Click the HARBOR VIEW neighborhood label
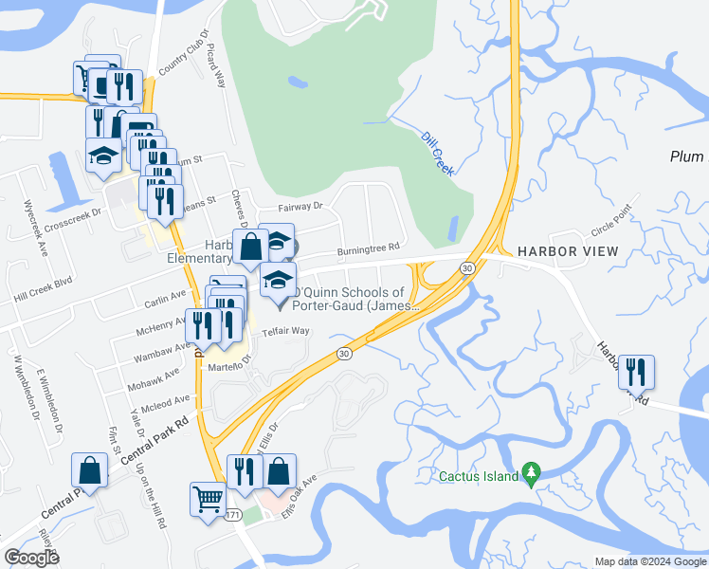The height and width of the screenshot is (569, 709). (568, 251)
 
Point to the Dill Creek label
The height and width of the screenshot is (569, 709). (437, 152)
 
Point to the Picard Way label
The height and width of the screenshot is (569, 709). (215, 66)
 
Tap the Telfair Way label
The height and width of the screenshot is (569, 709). (286, 331)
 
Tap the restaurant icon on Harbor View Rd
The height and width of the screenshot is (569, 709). (636, 371)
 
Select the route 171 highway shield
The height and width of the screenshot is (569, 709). (234, 515)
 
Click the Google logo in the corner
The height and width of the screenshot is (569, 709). (31, 558)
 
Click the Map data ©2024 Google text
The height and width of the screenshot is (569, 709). (650, 561)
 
